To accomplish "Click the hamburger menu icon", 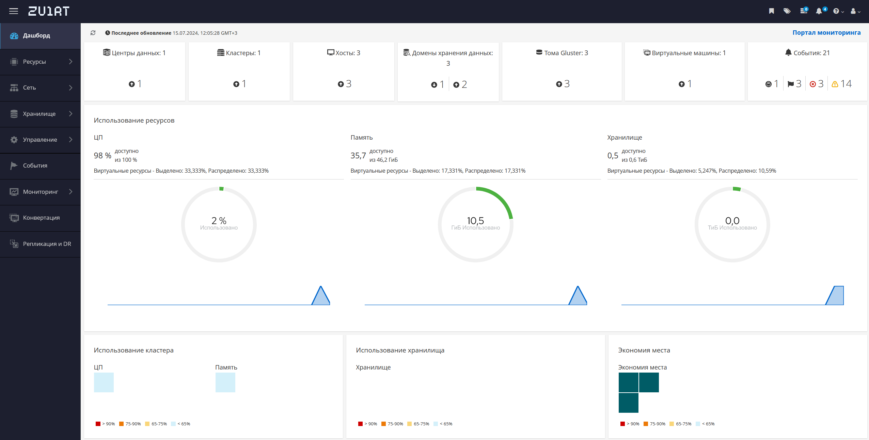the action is (x=14, y=11).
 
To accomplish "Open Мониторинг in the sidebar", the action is (x=40, y=192).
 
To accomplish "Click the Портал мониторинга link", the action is (x=826, y=33).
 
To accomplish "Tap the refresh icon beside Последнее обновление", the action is (x=93, y=33).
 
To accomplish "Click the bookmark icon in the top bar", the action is (x=772, y=11).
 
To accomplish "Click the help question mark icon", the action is (x=836, y=11).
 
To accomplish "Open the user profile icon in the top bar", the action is (x=853, y=11).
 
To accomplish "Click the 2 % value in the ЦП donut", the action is (x=219, y=220).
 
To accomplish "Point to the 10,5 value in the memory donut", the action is (x=475, y=220).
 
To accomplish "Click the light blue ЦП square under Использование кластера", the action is (x=104, y=382).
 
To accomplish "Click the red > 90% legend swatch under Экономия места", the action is (x=622, y=424).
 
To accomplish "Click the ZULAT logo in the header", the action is (x=49, y=11).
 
